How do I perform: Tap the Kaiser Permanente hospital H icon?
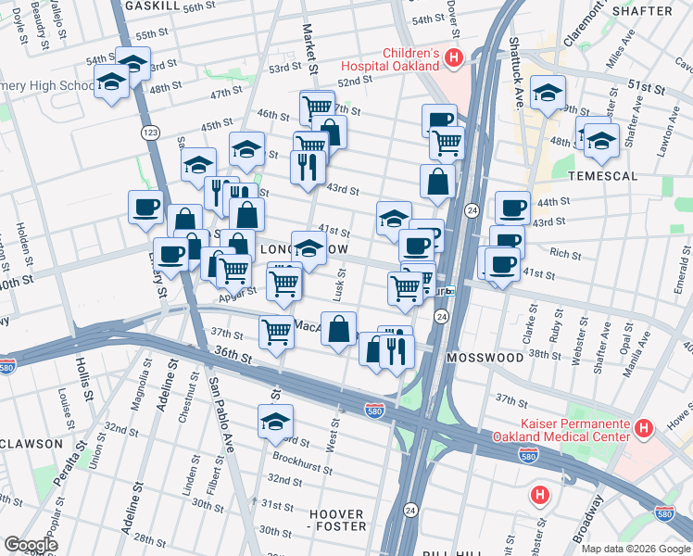click(x=645, y=429)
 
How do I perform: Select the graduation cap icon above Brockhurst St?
click(x=275, y=422)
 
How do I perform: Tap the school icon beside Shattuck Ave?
click(x=548, y=93)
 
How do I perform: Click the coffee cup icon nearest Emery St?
click(x=170, y=254)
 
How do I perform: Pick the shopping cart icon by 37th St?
click(x=276, y=331)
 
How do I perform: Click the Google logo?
click(x=31, y=545)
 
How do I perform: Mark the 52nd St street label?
click(x=354, y=82)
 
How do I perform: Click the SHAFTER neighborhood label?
click(x=642, y=11)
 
